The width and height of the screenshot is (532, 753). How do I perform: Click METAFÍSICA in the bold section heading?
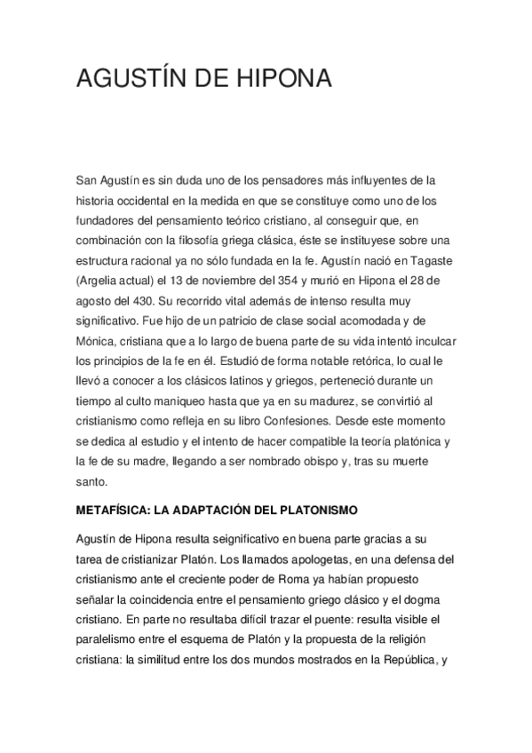click(x=110, y=511)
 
